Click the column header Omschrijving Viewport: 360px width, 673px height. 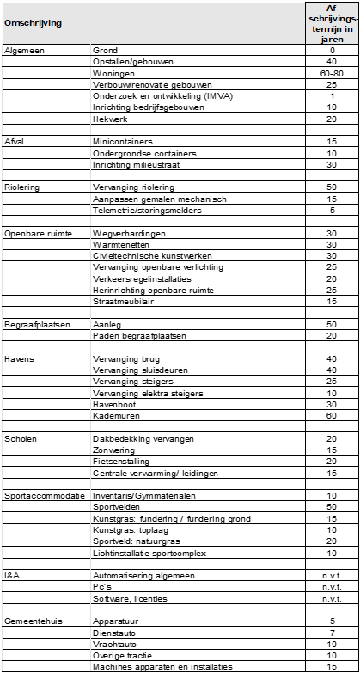(x=34, y=23)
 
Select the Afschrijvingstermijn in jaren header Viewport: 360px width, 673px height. (x=332, y=23)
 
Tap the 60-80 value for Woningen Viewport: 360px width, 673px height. (x=332, y=74)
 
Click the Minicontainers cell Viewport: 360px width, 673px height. (x=122, y=141)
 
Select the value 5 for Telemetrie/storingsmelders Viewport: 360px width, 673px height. (x=332, y=210)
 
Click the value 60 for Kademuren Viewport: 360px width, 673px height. (x=332, y=415)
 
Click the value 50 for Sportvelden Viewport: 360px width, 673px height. (x=332, y=506)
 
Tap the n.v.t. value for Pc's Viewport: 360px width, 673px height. (x=332, y=586)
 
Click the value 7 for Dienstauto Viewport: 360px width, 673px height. (x=332, y=632)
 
